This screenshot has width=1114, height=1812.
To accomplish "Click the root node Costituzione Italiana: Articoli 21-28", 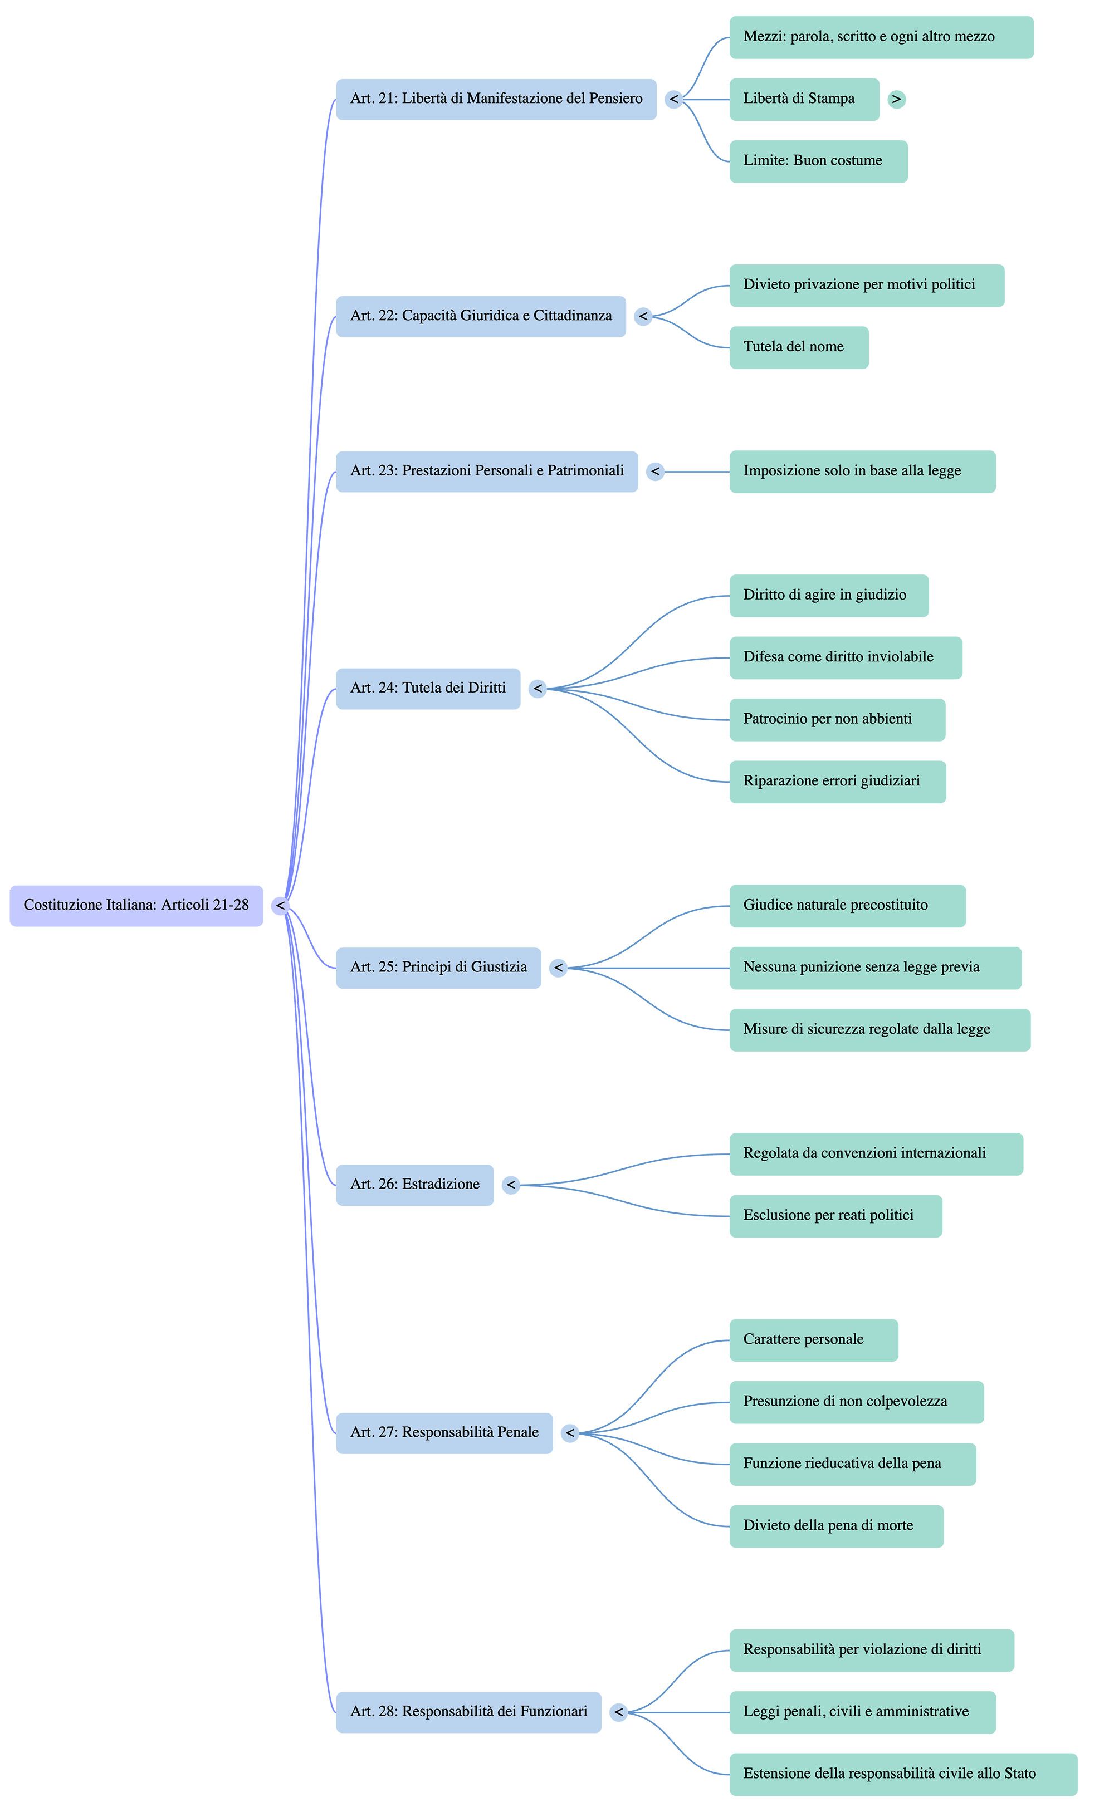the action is pyautogui.click(x=136, y=906).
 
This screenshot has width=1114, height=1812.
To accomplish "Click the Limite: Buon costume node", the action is pyautogui.click(x=819, y=161).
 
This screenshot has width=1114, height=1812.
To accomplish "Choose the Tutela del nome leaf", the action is pyautogui.click(x=799, y=347).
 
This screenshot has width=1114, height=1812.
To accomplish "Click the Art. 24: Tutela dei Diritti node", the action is pyautogui.click(x=428, y=689).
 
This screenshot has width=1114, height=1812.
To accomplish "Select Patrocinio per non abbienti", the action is pyautogui.click(x=837, y=719).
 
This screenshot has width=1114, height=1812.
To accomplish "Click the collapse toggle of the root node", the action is pyautogui.click(x=280, y=906).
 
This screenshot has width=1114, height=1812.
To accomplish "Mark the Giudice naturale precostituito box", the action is pyautogui.click(x=847, y=906).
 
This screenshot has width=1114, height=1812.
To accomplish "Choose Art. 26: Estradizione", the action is pyautogui.click(x=415, y=1185).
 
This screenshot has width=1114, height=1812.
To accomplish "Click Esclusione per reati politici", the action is pyautogui.click(x=836, y=1216).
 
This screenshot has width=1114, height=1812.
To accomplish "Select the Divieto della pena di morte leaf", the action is pyautogui.click(x=836, y=1526).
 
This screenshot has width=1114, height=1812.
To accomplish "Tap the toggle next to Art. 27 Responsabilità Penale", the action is pyautogui.click(x=569, y=1433).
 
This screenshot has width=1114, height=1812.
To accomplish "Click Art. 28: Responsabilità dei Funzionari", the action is pyautogui.click(x=468, y=1712).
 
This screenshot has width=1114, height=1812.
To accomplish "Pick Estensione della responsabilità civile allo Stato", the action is pyautogui.click(x=903, y=1775).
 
